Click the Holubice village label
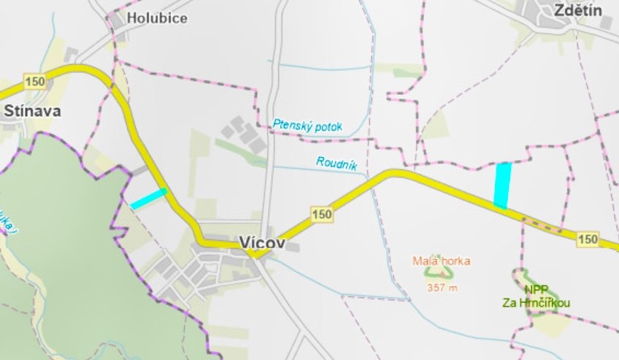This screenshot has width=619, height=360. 156,18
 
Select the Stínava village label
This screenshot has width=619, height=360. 31,111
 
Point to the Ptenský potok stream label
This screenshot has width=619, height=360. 307,125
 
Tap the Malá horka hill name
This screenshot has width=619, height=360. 441,260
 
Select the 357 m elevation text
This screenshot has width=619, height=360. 442,288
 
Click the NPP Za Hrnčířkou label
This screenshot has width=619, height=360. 536,296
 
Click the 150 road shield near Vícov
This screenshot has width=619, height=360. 321,214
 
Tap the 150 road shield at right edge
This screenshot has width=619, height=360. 588,240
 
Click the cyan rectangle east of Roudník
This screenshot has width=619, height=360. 502,185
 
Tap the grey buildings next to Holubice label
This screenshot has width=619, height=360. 117,23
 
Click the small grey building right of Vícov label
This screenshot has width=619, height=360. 293,248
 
